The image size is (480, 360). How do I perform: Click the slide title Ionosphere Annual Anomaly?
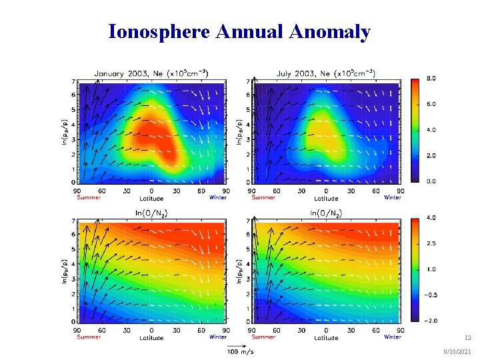click(239, 31)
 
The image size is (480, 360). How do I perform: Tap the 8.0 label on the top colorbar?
click(431, 79)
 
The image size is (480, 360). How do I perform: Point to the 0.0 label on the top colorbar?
click(431, 181)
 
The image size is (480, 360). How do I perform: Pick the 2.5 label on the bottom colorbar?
click(431, 244)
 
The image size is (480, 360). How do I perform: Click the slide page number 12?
click(467, 338)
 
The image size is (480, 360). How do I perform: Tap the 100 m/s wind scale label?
click(241, 351)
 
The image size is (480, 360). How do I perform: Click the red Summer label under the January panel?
click(89, 197)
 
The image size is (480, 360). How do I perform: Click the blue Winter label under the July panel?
click(393, 197)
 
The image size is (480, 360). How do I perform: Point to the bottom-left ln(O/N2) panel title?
click(151, 213)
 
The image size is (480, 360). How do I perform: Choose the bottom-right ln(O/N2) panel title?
click(326, 213)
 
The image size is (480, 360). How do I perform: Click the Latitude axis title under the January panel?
click(151, 198)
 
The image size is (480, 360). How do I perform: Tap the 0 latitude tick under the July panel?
click(326, 191)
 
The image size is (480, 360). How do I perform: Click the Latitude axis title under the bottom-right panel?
click(326, 337)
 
